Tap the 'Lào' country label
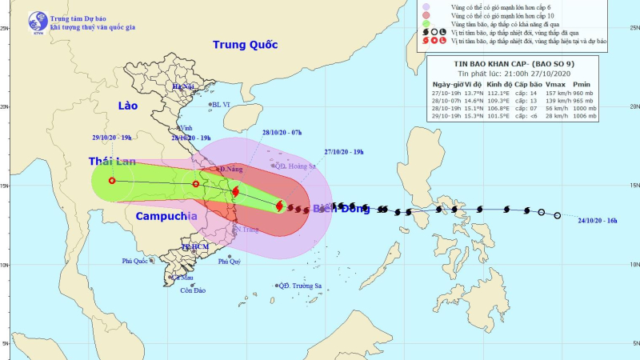click(128, 106)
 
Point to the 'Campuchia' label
click(166, 216)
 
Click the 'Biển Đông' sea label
click(342, 209)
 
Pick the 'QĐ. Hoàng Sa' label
click(294, 167)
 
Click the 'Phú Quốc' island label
click(137, 261)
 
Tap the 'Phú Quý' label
click(229, 262)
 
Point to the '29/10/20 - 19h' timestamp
click(110, 138)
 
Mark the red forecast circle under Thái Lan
click(112, 181)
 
